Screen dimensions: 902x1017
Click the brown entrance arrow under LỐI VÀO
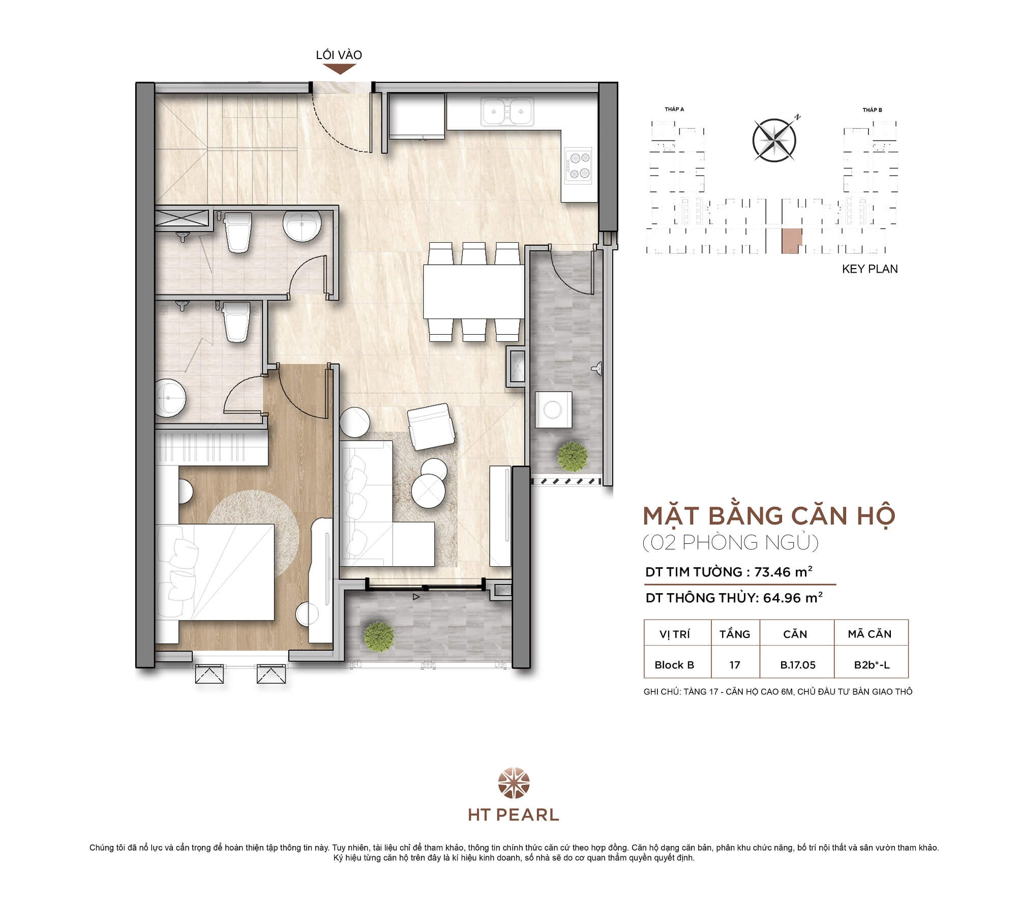pyautogui.click(x=339, y=69)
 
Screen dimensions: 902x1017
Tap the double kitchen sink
pyautogui.click(x=507, y=111)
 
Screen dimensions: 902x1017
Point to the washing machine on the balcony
pyautogui.click(x=553, y=410)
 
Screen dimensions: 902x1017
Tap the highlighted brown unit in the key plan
pyautogui.click(x=791, y=241)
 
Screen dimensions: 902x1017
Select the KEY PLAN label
pyautogui.click(x=870, y=269)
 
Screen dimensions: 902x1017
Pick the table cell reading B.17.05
pyautogui.click(x=797, y=665)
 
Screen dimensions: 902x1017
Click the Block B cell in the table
pyautogui.click(x=674, y=665)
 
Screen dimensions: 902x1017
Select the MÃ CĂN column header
pyautogui.click(x=870, y=634)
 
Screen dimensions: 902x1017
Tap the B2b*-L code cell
pyautogui.click(x=872, y=665)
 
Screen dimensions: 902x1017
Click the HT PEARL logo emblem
pyautogui.click(x=514, y=783)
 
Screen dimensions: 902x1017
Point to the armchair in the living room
pyautogui.click(x=431, y=426)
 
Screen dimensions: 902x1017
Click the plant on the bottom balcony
pyautogui.click(x=379, y=635)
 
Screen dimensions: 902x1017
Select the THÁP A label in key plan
pyautogui.click(x=674, y=109)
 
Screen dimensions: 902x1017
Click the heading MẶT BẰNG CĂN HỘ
pyautogui.click(x=769, y=516)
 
